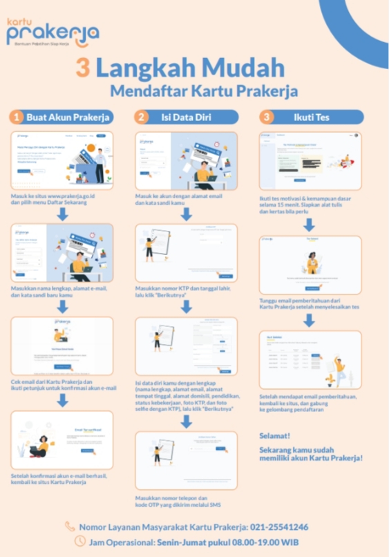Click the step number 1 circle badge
[17, 117]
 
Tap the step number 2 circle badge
[142, 117]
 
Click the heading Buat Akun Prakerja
[68, 117]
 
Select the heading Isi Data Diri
[186, 117]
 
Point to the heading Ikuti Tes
[311, 117]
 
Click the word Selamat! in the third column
[274, 436]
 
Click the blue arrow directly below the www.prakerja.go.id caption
[62, 215]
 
